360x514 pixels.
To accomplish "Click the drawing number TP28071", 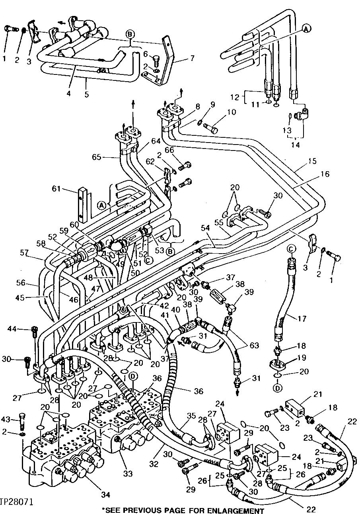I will [x=17, y=500].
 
